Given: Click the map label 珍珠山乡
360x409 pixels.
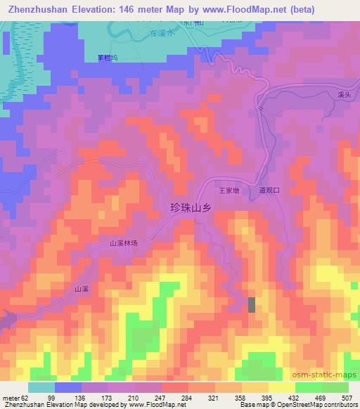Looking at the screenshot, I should pos(191,207).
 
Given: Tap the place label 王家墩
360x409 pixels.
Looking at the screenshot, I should pos(230,190).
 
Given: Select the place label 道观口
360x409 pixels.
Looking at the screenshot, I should pos(269,190).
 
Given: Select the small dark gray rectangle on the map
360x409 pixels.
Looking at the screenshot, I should pos(252,304).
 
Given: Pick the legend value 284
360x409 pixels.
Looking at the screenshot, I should pos(187,397).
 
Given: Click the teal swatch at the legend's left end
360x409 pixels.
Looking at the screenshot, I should pos(41,387).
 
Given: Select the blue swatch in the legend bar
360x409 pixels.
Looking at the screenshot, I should pos(68,387).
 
